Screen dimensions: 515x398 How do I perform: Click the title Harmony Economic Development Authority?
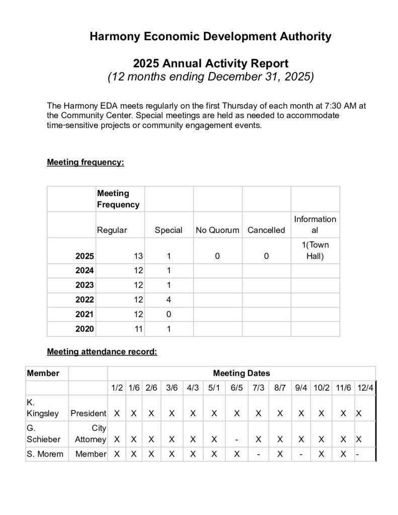coord(210,36)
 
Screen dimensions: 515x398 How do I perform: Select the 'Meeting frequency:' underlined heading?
coord(86,162)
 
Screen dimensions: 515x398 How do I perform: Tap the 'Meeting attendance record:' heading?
coord(102,352)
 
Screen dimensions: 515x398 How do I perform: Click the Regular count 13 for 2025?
coord(138,256)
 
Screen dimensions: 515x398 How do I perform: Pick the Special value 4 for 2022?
coord(169,300)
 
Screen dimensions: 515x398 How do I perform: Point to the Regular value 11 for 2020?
coord(138,329)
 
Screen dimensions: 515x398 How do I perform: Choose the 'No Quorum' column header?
coord(217,230)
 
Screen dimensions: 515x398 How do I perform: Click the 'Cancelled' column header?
coord(266,230)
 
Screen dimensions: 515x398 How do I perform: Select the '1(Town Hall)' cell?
coord(315,250)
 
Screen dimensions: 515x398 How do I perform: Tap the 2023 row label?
coord(84,285)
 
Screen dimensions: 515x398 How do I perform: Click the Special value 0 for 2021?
coord(169,314)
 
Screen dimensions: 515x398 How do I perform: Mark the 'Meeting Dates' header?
coord(242,373)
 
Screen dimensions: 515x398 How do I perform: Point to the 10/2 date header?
coord(322,388)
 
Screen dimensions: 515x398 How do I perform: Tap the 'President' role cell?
coord(88,413)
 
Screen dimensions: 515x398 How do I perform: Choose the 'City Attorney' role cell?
coord(90,434)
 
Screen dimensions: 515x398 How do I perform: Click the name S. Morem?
coord(45,454)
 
